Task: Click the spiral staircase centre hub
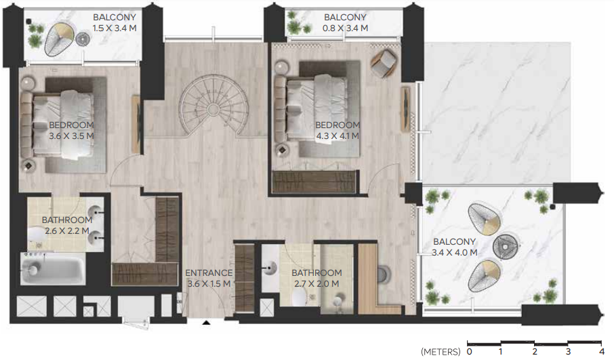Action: (213, 108)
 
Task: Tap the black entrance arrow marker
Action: (207, 323)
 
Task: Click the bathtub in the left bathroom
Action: (53, 268)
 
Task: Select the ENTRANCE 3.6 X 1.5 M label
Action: (209, 278)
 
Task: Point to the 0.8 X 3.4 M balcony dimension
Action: (345, 28)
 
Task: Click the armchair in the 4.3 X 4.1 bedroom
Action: (384, 62)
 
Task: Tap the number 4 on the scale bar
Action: (602, 351)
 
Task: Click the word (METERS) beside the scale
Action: (441, 351)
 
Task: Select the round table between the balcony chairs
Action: (506, 247)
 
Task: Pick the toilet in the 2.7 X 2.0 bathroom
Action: (300, 298)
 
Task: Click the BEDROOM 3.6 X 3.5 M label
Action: (71, 130)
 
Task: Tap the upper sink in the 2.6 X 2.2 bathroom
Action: (94, 212)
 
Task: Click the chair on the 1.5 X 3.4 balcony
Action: (59, 39)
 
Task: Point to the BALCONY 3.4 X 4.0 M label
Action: (454, 247)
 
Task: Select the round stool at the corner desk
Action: (384, 275)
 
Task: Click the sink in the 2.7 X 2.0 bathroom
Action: (270, 268)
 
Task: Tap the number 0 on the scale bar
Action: (470, 351)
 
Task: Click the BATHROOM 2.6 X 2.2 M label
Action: (67, 225)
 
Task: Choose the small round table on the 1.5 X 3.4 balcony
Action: (83, 39)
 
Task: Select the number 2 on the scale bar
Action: (535, 351)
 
